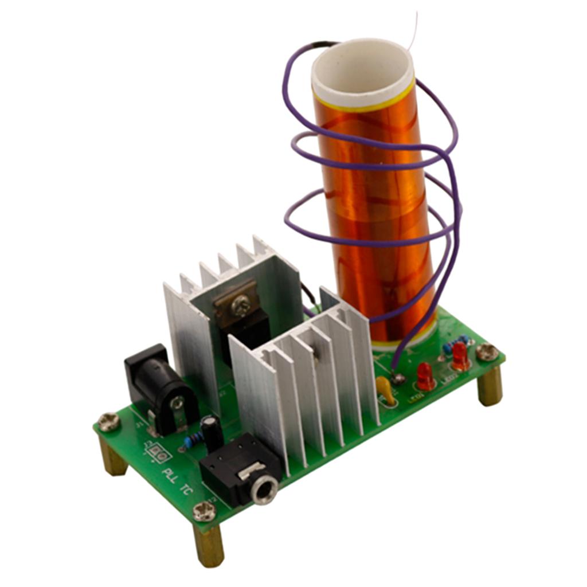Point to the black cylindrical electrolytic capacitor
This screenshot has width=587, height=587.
[213, 432]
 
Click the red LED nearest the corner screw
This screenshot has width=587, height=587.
[460, 357]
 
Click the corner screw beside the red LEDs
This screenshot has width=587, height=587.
[487, 351]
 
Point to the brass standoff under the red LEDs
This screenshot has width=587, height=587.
[490, 386]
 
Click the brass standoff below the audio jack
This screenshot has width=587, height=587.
[208, 545]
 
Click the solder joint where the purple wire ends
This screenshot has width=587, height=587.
[397, 377]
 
